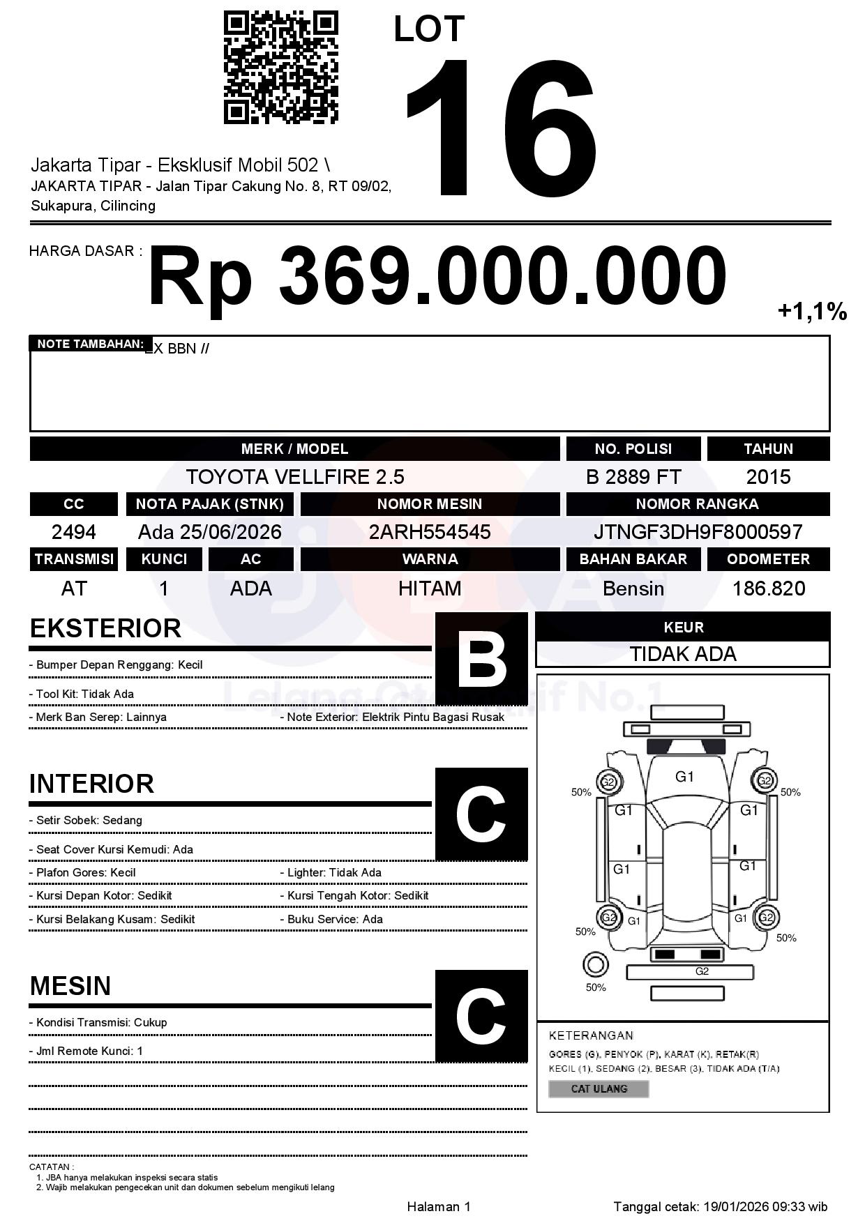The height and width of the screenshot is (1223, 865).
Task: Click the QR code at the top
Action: coord(280,68)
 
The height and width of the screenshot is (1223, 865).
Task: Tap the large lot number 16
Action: coord(500,129)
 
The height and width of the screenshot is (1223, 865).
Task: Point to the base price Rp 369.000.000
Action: coord(437,277)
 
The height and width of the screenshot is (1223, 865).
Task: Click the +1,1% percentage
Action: coord(812,311)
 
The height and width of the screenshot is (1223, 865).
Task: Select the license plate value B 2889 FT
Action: coord(633,477)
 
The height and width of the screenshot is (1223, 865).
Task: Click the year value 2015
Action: coord(768,477)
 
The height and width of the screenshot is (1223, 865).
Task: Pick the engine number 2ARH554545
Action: coord(430,532)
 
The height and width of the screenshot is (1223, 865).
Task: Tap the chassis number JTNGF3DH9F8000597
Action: coord(698,532)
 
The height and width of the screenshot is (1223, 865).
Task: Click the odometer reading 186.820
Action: coord(768,588)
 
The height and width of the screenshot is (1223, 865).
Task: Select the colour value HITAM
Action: coord(430,588)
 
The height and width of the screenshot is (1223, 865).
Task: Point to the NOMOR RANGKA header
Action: coord(698,503)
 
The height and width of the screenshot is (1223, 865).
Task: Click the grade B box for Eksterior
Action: coord(481,659)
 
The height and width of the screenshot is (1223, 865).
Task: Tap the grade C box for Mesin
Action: coord(481,1016)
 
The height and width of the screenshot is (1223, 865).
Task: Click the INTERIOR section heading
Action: coord(91,784)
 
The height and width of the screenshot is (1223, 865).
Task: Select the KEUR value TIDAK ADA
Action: coord(683,654)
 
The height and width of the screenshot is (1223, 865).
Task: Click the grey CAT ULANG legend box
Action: coord(599,1088)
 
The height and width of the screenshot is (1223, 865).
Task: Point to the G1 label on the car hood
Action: coord(685,777)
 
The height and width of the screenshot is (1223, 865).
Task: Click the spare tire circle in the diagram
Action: coord(595,965)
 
